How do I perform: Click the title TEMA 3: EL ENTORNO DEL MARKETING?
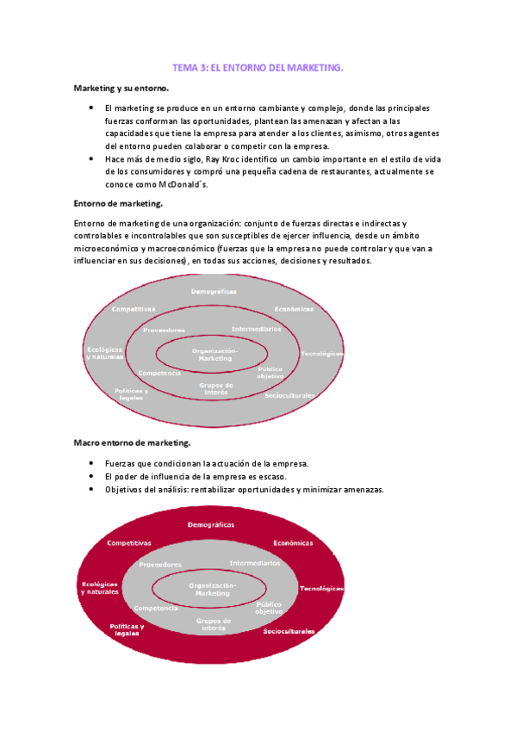pos(258,67)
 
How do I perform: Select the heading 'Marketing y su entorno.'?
pos(121,89)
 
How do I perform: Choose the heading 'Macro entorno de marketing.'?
pos(131,442)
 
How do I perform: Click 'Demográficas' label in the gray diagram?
pos(214,292)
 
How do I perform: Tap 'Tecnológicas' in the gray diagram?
pos(323,353)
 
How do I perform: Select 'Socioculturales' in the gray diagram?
pos(290,395)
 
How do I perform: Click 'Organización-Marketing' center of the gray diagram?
pos(214,355)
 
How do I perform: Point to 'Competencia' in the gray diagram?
pos(159,373)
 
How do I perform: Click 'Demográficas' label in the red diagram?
pos(214,524)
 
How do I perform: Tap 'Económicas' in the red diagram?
pos(294,543)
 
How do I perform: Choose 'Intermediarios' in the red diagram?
pos(254,562)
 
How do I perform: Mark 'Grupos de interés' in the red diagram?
pos(214,624)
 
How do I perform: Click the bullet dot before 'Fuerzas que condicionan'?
pos(91,463)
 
